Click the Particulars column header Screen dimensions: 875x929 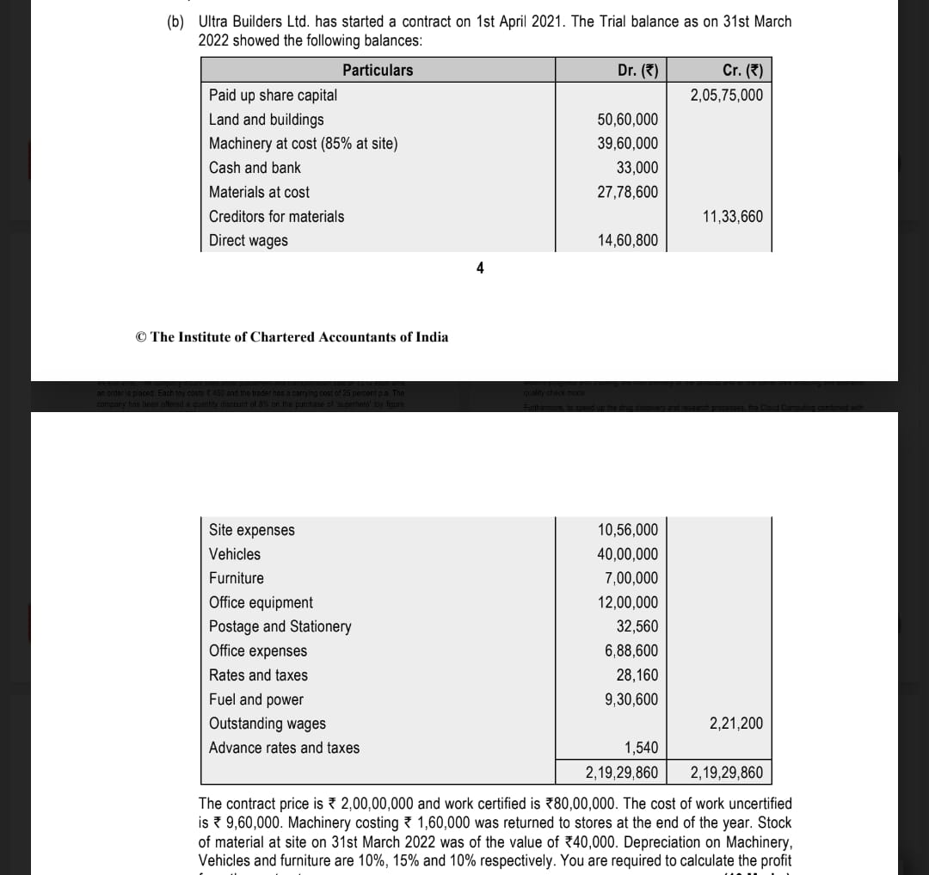tap(377, 71)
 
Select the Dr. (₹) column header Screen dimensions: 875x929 tap(637, 71)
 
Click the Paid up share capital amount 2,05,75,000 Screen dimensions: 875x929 tap(726, 95)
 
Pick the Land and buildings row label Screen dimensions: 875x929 tap(267, 120)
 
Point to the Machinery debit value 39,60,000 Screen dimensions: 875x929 tap(627, 144)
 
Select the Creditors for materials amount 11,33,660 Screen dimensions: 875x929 tap(732, 216)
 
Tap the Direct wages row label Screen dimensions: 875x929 tap(249, 241)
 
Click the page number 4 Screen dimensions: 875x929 tap(480, 268)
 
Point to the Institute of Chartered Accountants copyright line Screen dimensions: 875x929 tap(292, 337)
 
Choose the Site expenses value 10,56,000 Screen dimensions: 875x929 tap(627, 530)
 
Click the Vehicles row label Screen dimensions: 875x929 tap(235, 554)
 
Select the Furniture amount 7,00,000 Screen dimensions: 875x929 tap(631, 578)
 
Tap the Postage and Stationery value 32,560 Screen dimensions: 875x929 tap(637, 626)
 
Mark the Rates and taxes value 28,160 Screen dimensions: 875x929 tap(637, 675)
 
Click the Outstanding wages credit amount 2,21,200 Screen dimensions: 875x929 tap(735, 724)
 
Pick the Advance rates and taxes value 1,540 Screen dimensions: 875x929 tap(640, 748)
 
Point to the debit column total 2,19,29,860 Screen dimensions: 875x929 tap(621, 772)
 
